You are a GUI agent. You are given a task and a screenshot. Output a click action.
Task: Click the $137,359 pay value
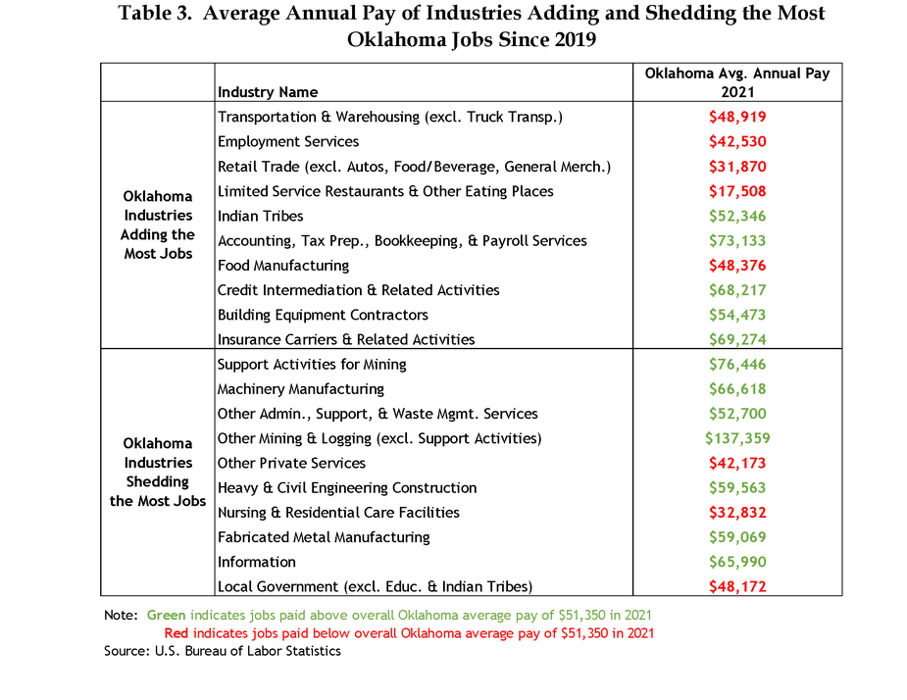click(x=737, y=438)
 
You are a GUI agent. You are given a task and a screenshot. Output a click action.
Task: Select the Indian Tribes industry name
click(x=260, y=216)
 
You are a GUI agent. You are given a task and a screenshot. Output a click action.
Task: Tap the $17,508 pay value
click(x=737, y=191)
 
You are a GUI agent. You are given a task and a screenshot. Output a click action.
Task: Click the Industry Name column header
click(x=268, y=92)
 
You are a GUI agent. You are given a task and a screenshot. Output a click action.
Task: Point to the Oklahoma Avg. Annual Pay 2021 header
click(x=737, y=82)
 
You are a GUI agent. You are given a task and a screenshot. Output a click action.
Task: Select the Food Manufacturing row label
click(x=283, y=266)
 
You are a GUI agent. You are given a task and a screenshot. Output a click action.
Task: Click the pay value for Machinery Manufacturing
click(x=737, y=389)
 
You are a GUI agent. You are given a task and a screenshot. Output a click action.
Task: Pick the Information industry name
click(x=256, y=562)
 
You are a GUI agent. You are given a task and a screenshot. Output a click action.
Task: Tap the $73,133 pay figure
click(x=737, y=240)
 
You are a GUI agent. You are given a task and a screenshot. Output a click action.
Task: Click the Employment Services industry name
click(x=288, y=142)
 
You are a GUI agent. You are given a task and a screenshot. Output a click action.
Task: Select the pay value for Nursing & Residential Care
click(x=737, y=513)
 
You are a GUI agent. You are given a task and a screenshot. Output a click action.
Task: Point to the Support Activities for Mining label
click(x=312, y=365)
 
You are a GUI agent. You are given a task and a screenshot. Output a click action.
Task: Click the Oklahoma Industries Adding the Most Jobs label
click(x=158, y=225)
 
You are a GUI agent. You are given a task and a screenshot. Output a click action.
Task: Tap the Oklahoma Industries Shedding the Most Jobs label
click(x=158, y=473)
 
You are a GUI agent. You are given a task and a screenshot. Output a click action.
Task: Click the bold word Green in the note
click(x=166, y=615)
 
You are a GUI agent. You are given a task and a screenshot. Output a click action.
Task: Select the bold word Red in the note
click(x=176, y=633)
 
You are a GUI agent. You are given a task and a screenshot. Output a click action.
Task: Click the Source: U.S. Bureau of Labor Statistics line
click(x=223, y=651)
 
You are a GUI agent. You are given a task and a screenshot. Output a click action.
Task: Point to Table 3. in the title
click(x=155, y=13)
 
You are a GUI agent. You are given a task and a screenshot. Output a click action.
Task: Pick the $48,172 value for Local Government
click(x=737, y=586)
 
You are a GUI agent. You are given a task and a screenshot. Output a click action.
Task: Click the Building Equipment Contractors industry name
click(x=323, y=315)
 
